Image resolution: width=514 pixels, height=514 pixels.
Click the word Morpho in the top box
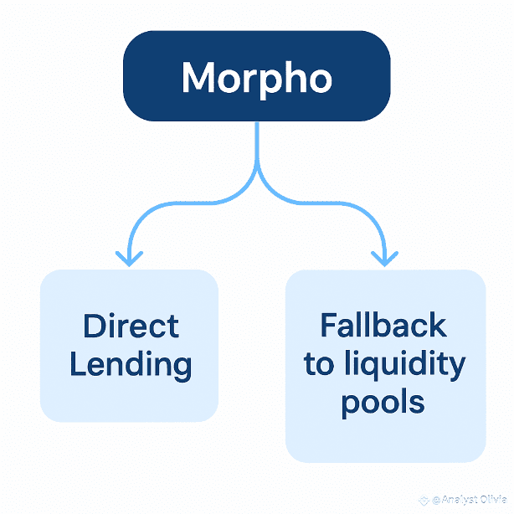257,78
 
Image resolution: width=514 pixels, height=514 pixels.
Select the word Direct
131,326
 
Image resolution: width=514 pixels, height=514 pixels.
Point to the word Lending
131,365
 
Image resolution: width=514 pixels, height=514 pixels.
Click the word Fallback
383,325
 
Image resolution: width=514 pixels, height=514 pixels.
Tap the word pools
383,403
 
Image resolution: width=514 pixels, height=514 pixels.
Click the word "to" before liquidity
319,365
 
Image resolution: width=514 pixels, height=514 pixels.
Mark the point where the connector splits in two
257,176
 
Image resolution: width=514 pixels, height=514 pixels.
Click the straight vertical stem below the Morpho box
257,142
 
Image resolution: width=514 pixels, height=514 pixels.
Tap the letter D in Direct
92,326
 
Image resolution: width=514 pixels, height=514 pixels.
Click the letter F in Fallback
327,325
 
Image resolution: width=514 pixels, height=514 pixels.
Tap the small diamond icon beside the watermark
422,501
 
